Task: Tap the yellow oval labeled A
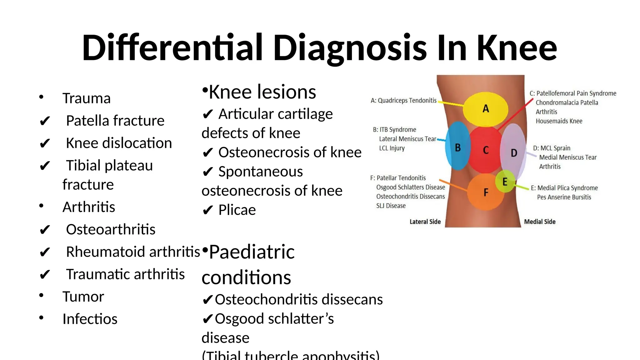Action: pyautogui.click(x=485, y=109)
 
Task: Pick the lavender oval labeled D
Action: pyautogui.click(x=514, y=153)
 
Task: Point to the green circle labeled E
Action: pyautogui.click(x=505, y=181)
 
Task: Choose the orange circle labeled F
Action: pyautogui.click(x=486, y=192)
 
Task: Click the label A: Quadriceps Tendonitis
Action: pyautogui.click(x=403, y=101)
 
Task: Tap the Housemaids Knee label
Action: pyautogui.click(x=559, y=121)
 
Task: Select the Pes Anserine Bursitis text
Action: pyautogui.click(x=564, y=197)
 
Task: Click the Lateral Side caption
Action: pyautogui.click(x=425, y=222)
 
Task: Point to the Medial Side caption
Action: pyautogui.click(x=540, y=222)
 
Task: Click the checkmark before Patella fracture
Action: pyautogui.click(x=45, y=121)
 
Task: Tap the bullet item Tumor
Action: pyautogui.click(x=83, y=297)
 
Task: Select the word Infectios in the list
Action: pyautogui.click(x=90, y=319)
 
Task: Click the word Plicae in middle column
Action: pyautogui.click(x=237, y=210)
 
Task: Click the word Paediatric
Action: pyautogui.click(x=252, y=252)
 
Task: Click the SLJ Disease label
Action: pyautogui.click(x=391, y=206)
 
